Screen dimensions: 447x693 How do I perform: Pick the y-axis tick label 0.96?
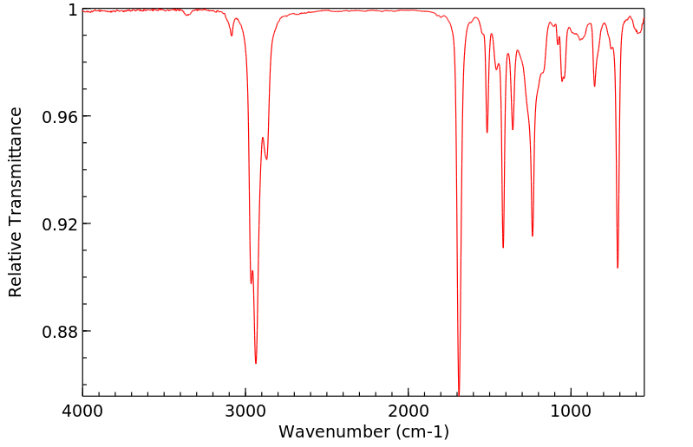pos(61,117)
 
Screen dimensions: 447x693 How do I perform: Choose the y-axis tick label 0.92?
pos(61,224)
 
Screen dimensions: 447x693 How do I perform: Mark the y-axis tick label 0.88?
pos(61,332)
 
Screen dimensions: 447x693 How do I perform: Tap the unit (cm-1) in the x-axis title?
pos(421,431)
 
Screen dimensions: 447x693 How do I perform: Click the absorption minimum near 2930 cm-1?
pos(256,363)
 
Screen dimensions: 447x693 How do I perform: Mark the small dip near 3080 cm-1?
pos(232,35)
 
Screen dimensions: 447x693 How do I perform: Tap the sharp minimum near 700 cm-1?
pos(618,268)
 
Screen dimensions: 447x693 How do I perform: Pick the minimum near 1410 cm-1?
pos(503,248)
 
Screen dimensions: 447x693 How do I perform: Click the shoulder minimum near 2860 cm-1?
pos(267,159)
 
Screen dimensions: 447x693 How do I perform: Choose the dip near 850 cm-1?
pos(594,86)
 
